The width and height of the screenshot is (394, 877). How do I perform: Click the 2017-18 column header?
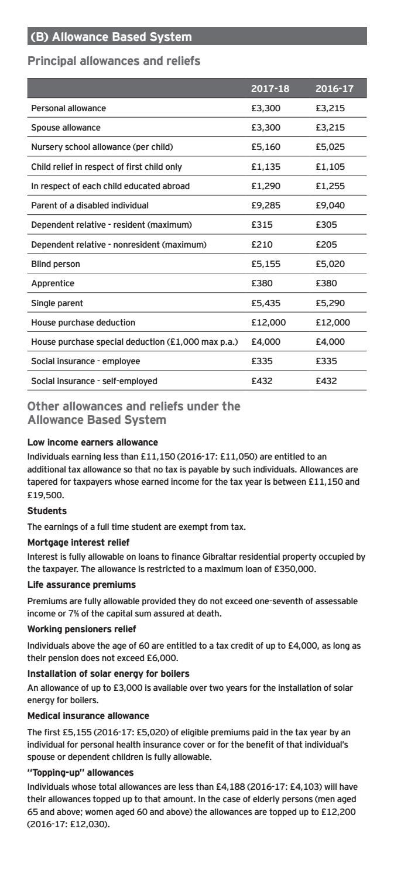coord(270,88)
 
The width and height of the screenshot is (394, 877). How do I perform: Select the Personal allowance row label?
coord(68,108)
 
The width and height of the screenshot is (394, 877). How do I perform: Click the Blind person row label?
coord(56,264)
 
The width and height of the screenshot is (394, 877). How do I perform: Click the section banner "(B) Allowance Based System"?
coord(111,37)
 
